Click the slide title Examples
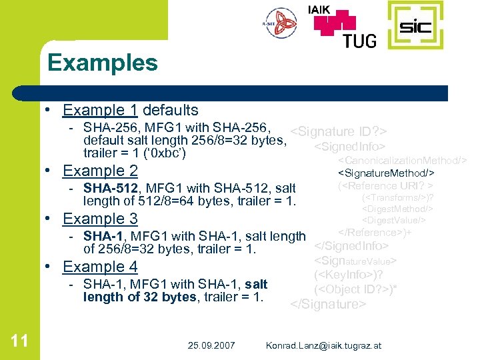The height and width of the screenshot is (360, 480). pyautogui.click(x=103, y=63)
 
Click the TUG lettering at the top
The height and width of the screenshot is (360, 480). pyautogui.click(x=359, y=40)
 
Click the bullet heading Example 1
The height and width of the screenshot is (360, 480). pyautogui.click(x=94, y=110)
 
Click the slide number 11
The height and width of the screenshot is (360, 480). pyautogui.click(x=20, y=341)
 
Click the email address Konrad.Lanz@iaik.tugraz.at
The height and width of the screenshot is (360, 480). pyautogui.click(x=323, y=345)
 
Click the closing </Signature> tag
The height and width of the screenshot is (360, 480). pyautogui.click(x=328, y=305)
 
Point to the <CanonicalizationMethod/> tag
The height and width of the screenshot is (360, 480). pyautogui.click(x=402, y=161)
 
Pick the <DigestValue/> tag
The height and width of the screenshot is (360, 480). pyautogui.click(x=393, y=220)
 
